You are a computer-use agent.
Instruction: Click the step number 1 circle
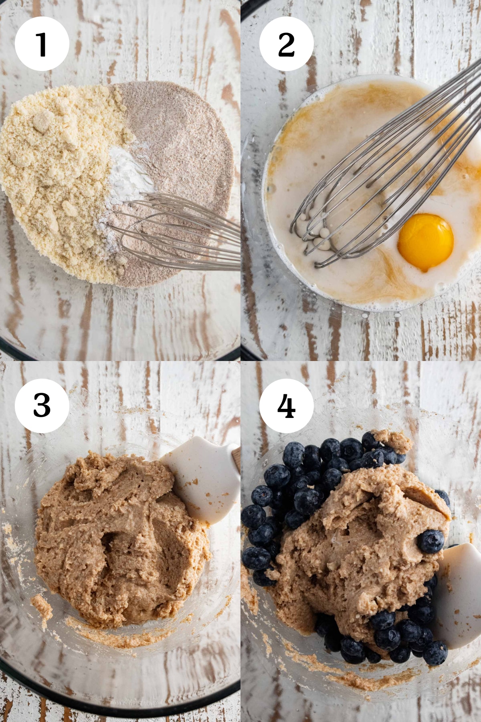point(42,44)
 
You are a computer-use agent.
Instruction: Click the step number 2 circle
point(287,44)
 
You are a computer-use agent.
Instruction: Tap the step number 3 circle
point(42,406)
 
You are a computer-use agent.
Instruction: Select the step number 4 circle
point(287,406)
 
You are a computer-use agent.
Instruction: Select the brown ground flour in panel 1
point(180,152)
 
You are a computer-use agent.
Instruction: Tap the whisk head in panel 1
point(176,233)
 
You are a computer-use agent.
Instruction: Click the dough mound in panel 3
point(120,541)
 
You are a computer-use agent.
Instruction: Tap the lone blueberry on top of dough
point(431,541)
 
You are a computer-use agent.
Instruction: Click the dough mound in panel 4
point(361,554)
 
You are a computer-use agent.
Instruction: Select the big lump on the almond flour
point(43,120)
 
